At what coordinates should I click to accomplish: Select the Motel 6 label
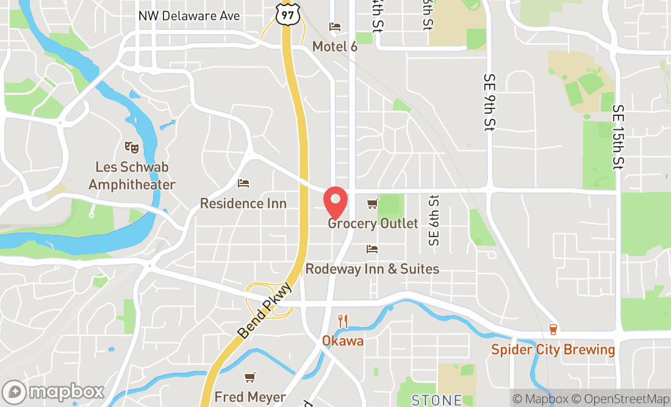[335, 46]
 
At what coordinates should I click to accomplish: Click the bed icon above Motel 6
[335, 27]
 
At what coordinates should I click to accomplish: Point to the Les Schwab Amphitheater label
[132, 175]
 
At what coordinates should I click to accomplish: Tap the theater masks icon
[131, 146]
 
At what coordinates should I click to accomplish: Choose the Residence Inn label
[243, 203]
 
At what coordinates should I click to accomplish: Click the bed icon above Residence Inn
[243, 183]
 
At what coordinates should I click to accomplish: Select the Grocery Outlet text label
[373, 223]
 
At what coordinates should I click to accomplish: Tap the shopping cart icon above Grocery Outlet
[372, 203]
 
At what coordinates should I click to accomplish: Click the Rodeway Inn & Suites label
[372, 269]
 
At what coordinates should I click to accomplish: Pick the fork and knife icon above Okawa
[343, 320]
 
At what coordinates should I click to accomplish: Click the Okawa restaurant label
[343, 341]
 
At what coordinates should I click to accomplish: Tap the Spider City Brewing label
[553, 349]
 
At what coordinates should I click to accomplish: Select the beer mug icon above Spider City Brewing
[553, 330]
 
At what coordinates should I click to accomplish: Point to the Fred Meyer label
[250, 397]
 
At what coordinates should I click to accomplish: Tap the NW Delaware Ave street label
[189, 16]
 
